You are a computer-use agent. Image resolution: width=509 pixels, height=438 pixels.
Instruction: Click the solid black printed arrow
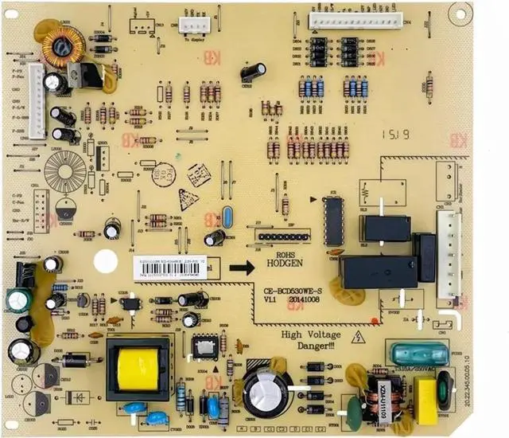click(x=242, y=267)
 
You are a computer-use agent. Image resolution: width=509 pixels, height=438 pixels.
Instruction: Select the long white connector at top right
click(x=356, y=20)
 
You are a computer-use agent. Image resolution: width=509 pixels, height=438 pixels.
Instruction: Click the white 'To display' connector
click(x=193, y=25)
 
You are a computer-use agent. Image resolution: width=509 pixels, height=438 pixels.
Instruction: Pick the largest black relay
click(x=378, y=272)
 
